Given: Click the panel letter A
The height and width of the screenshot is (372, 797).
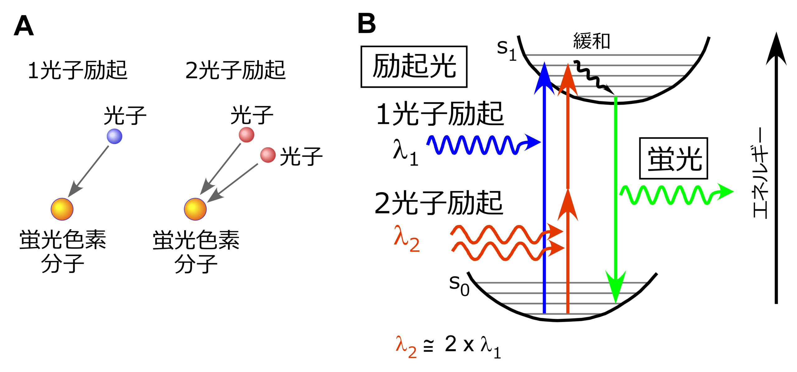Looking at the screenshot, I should coord(24,26).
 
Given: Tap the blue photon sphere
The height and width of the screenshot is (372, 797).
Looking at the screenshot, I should coord(114,136).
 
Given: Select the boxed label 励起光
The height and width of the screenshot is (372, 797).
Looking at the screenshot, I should coord(414,67).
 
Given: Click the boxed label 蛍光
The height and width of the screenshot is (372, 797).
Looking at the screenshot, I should coord(673,158).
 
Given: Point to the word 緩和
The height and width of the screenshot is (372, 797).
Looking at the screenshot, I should coord(591,41).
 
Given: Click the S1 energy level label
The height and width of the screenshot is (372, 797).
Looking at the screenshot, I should coord(506,50).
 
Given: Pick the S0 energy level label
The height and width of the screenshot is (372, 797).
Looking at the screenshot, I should coord(459,285).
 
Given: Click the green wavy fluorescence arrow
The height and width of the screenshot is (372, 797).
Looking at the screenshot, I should coord(672,195).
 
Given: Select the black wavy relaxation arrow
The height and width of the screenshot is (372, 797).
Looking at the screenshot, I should coord(593,77).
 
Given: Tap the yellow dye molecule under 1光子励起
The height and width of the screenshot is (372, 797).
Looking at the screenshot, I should coord(62,209).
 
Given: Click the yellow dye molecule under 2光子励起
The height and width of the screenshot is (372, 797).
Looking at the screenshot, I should coord(195,209).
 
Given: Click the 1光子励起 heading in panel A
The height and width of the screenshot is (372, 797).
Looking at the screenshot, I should coord(78,70).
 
